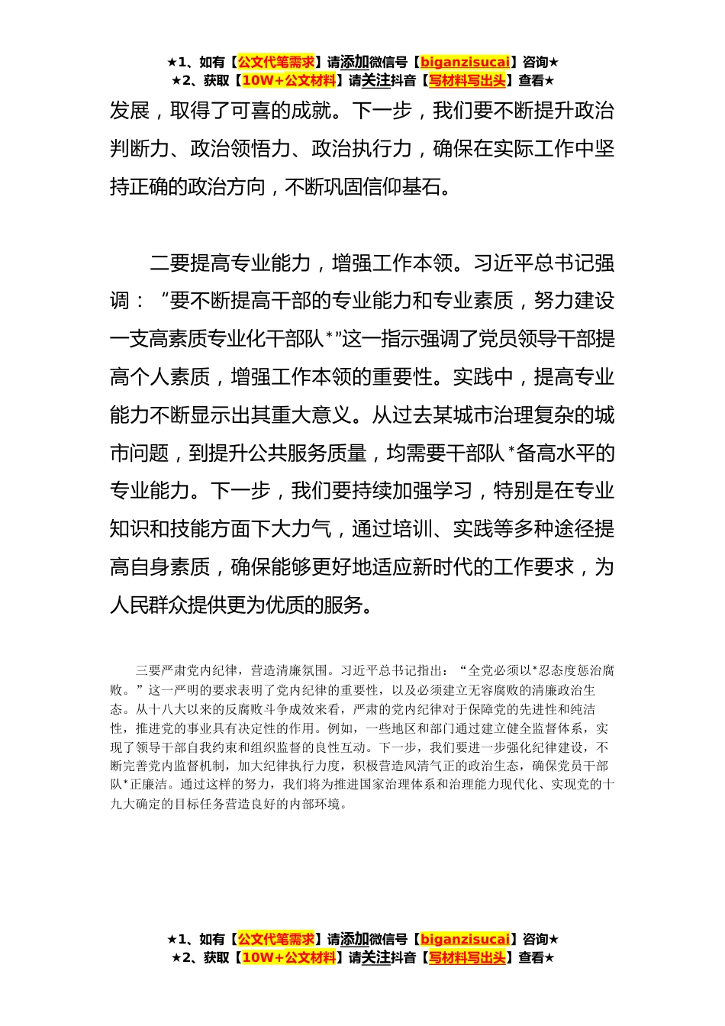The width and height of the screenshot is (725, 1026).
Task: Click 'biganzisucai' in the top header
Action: (465, 63)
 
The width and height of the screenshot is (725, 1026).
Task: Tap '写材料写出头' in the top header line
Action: (467, 81)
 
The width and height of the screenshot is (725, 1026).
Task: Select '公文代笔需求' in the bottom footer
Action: (276, 940)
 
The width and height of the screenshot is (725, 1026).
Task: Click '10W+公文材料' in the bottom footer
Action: (288, 958)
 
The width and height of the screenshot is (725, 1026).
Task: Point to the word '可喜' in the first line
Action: (251, 111)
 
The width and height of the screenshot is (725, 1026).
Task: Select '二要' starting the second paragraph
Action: (170, 264)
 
